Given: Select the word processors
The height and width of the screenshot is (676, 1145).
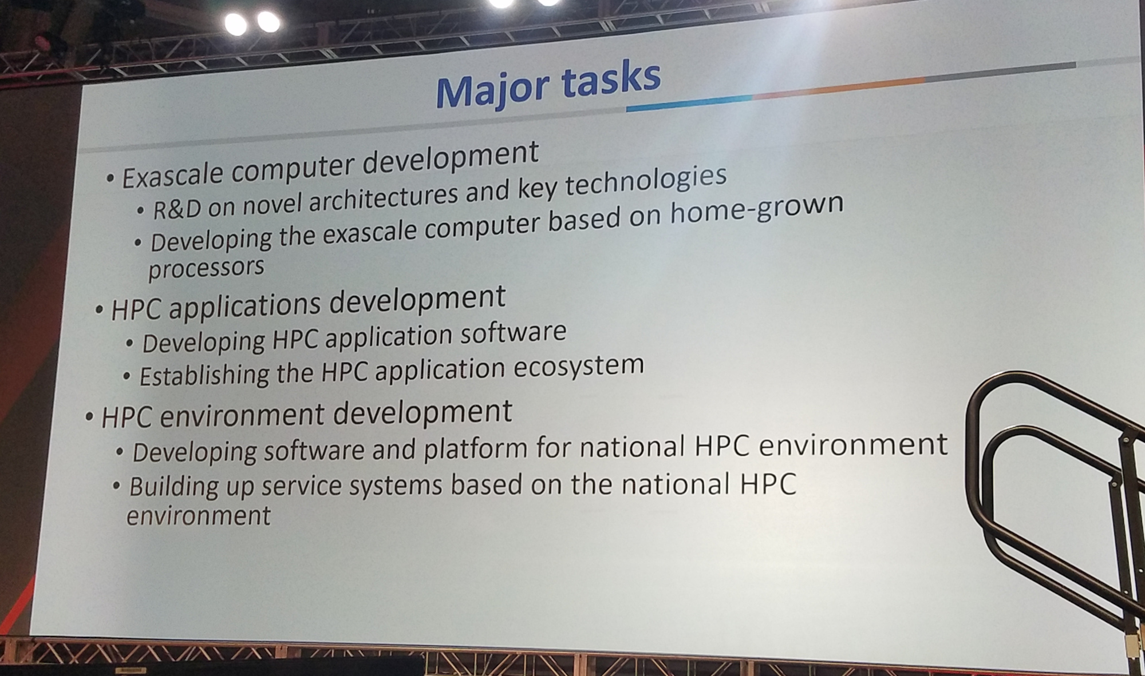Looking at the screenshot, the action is (206, 268).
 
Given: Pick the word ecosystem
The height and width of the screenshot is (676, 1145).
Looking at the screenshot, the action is (579, 367).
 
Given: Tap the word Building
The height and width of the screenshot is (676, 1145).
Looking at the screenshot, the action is (172, 487).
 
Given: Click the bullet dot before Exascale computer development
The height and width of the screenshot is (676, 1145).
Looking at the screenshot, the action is (110, 179).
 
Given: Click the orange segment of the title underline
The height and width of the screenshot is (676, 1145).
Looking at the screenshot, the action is (839, 89).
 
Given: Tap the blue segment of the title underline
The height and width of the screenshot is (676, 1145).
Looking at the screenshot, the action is (689, 103).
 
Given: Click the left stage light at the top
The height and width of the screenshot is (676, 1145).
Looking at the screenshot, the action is (235, 24).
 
